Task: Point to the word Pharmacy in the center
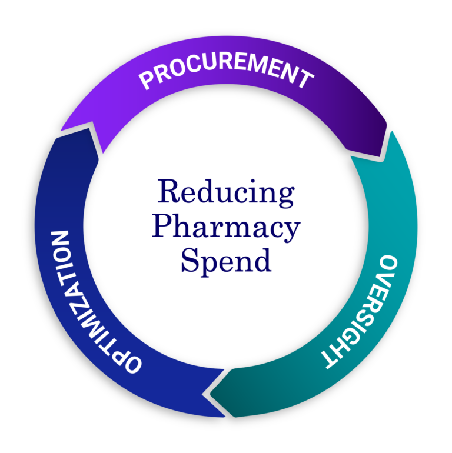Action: click(226, 228)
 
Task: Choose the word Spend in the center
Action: click(226, 260)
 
